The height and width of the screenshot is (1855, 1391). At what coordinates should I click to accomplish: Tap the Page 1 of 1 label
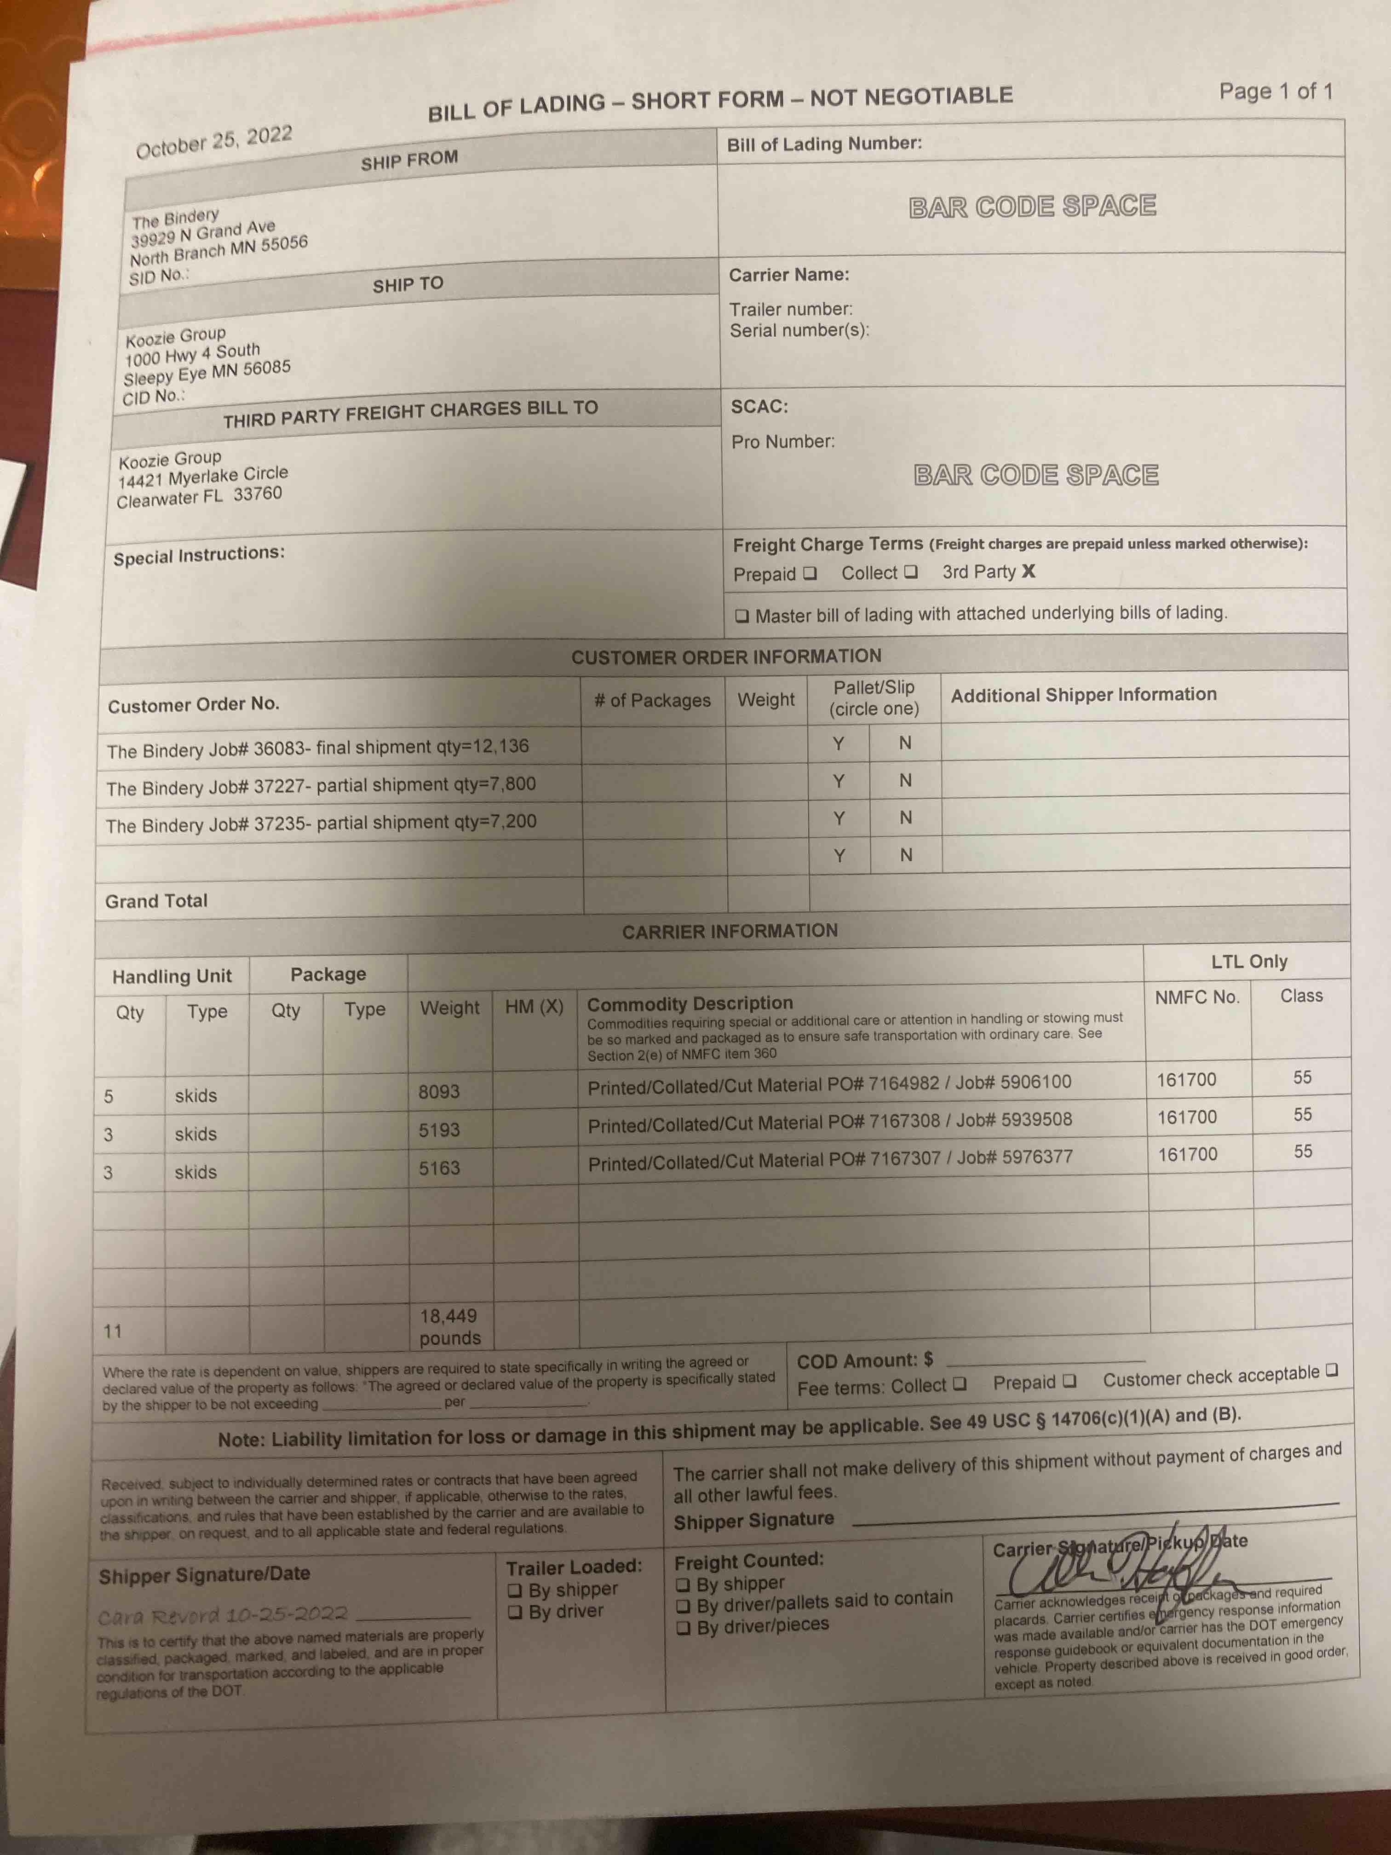click(x=1275, y=92)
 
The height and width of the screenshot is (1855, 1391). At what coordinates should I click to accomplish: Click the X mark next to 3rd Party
click(x=1029, y=571)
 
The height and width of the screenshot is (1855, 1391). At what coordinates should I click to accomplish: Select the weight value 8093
click(x=439, y=1091)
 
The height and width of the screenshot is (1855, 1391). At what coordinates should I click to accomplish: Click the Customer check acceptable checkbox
click(x=1332, y=1370)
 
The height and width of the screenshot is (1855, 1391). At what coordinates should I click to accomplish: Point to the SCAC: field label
click(x=759, y=407)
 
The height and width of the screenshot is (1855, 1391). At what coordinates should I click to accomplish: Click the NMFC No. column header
click(x=1196, y=997)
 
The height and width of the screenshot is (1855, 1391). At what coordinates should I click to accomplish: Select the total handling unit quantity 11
click(x=112, y=1331)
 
